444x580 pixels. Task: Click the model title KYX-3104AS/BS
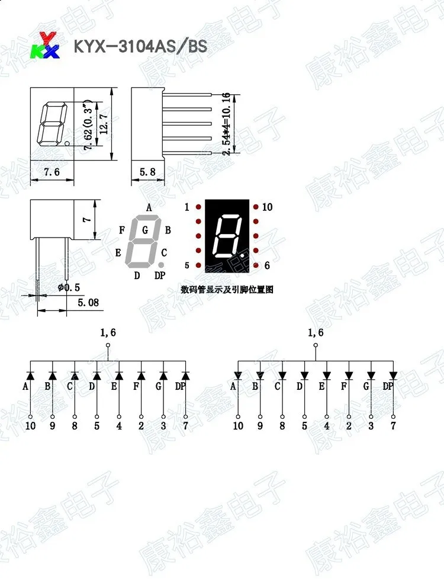(140, 47)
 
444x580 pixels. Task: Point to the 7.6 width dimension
(52, 172)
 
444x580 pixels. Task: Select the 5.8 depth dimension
(147, 172)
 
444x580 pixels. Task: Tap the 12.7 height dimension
(104, 124)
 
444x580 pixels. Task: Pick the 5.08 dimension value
(88, 303)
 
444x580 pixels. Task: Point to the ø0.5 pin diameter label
(69, 287)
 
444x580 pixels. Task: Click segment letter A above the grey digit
(149, 207)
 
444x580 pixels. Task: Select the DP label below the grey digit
(160, 275)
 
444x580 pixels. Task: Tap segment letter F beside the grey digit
(121, 230)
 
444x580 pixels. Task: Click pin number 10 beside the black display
(267, 207)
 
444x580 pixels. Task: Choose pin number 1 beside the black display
(187, 207)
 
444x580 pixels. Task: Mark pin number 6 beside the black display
(267, 265)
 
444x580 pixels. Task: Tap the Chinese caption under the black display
(227, 290)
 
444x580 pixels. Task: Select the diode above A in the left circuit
(30, 375)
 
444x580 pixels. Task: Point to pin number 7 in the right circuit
(393, 425)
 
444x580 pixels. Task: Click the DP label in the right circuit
(388, 387)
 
